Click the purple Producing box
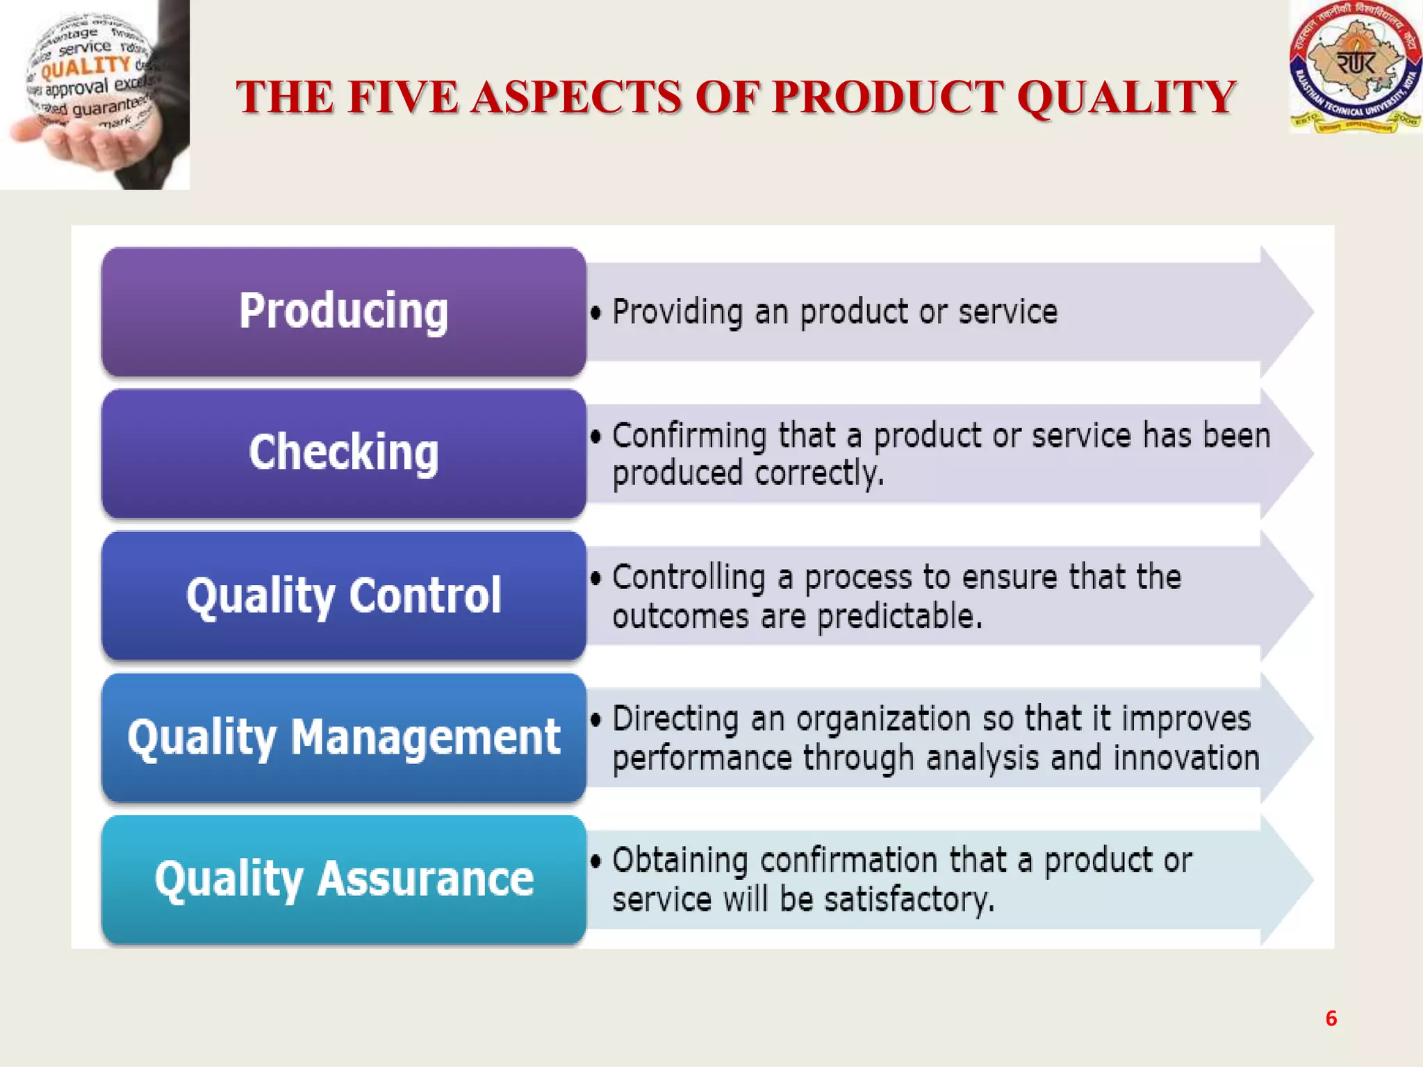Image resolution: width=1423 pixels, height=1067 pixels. (343, 311)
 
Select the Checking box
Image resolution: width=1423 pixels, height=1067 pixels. (343, 453)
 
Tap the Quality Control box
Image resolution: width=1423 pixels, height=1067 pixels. (343, 595)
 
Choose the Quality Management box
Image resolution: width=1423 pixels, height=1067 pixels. (343, 737)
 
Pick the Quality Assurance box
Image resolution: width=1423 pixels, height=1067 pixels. (343, 879)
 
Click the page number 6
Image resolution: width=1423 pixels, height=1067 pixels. (1331, 1018)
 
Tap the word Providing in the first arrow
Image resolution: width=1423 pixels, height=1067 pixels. (677, 312)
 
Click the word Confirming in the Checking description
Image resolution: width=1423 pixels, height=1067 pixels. (689, 436)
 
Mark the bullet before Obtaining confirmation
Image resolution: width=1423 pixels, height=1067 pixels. (595, 861)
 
